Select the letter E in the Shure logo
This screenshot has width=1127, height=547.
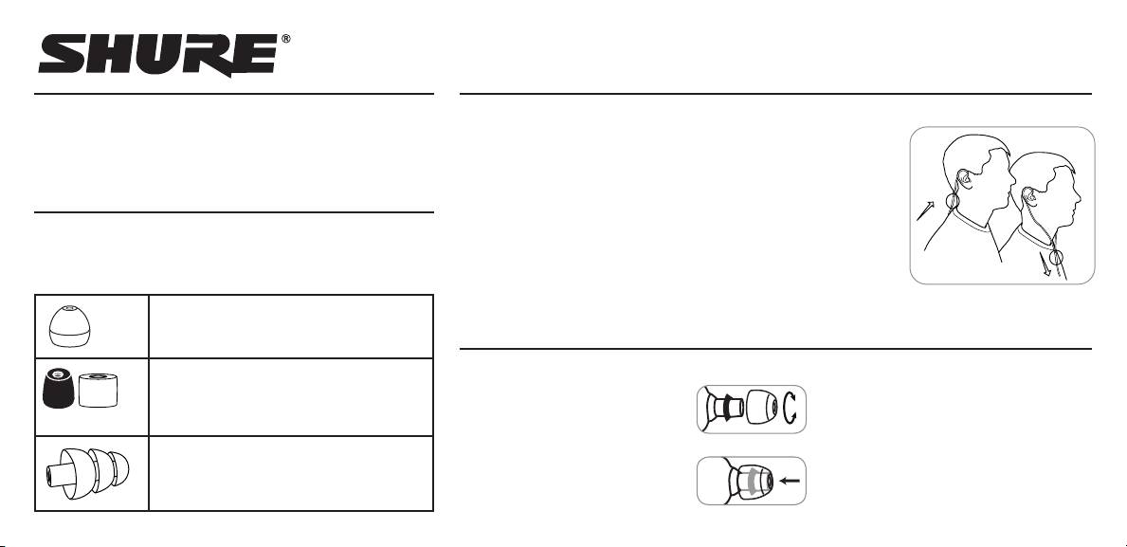251,57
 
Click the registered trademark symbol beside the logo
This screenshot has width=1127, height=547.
286,40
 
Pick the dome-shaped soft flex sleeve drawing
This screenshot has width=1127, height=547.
71,326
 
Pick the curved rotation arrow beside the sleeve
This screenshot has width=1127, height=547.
791,409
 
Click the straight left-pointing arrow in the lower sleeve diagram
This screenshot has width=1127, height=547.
788,481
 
